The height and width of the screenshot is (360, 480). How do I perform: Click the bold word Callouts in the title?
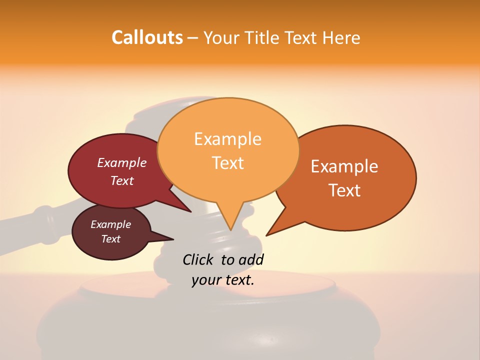point(147,37)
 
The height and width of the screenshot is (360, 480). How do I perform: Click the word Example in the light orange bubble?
point(227,139)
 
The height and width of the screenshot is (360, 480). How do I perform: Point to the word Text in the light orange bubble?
point(228,163)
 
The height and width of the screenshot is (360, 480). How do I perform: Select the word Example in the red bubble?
point(122,162)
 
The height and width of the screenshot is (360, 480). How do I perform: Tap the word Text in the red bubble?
point(122,180)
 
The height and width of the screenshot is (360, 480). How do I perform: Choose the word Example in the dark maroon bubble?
point(110,224)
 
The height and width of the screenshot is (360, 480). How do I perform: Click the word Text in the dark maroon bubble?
point(110,239)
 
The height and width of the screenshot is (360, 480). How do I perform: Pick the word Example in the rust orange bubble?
point(344,166)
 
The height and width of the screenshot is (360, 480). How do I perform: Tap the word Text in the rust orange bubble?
point(345,190)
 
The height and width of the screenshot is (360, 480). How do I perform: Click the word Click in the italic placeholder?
point(198,259)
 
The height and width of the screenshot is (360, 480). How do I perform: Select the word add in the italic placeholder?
point(251,259)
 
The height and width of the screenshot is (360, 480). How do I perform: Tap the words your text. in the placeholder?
point(223,280)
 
